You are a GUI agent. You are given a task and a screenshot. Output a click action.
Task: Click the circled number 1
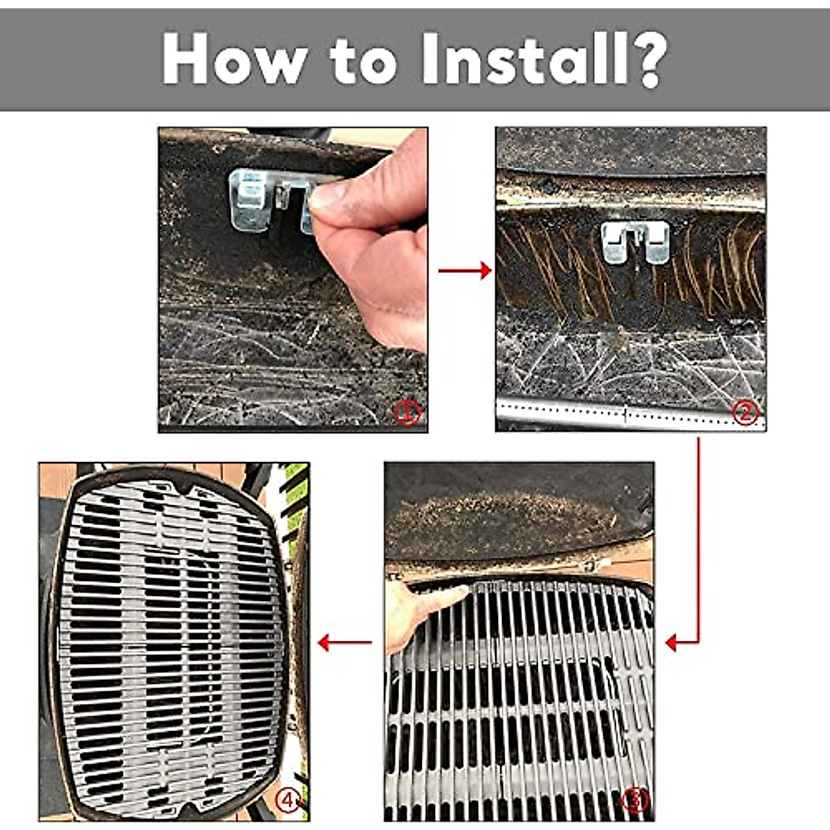(407, 414)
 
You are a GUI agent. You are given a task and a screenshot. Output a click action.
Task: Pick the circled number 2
(745, 413)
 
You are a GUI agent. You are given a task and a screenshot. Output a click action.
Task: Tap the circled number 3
(634, 800)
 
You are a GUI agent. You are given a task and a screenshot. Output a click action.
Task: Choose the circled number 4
(289, 800)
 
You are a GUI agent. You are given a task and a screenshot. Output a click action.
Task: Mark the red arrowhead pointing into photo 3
(671, 643)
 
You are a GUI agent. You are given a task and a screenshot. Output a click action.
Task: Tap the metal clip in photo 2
(634, 241)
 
